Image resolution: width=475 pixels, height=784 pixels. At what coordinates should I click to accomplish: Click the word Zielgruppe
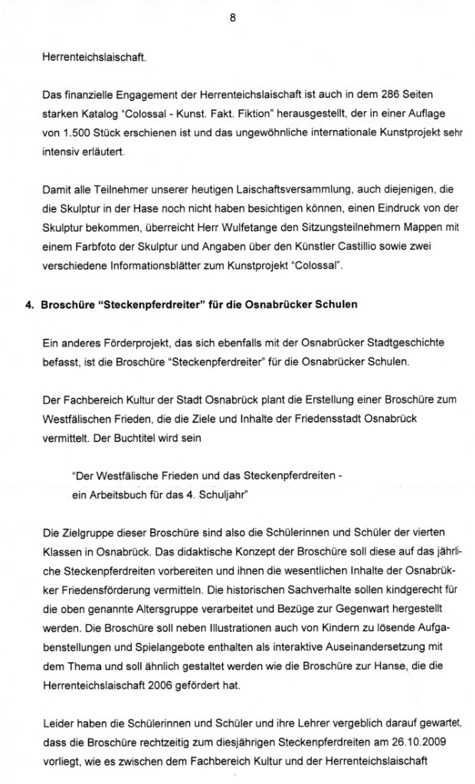click(x=88, y=532)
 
